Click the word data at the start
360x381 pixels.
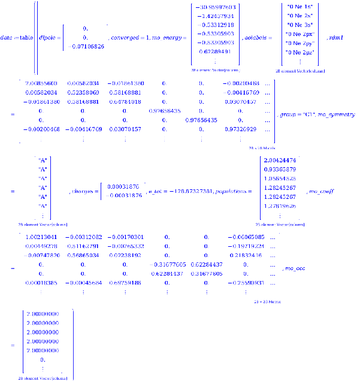(x=7, y=38)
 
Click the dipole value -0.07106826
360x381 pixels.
(x=86, y=46)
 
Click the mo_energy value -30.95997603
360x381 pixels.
(x=214, y=7)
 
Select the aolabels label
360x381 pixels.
(x=255, y=38)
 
